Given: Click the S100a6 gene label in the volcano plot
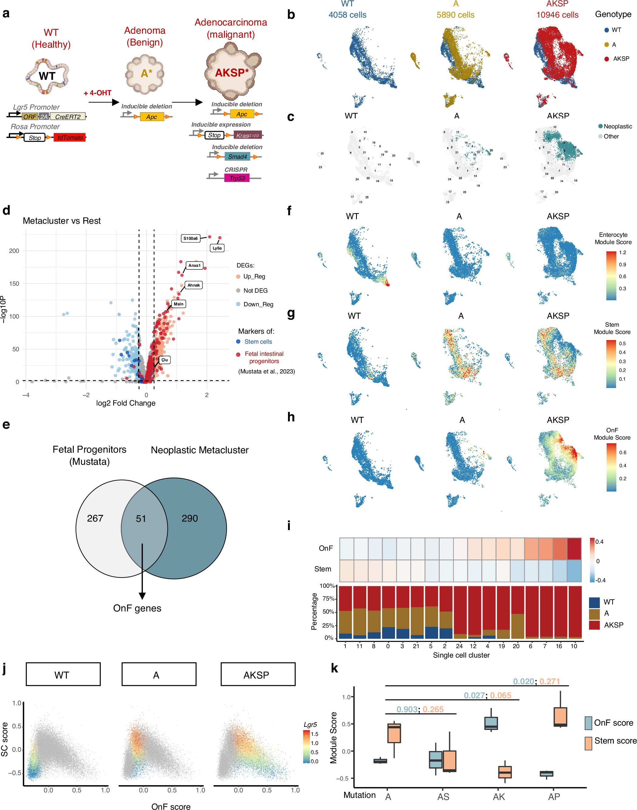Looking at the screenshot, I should tap(190, 238).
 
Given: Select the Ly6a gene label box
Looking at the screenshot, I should tap(217, 248).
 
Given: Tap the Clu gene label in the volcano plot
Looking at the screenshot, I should tap(164, 360).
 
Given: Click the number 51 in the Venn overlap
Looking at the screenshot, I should tap(141, 519).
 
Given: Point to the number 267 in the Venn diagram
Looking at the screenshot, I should tap(95, 518).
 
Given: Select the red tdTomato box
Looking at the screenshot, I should tap(70, 138).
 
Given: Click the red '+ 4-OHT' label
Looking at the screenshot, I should tap(98, 93).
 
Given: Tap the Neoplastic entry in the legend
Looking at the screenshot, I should tap(617, 127).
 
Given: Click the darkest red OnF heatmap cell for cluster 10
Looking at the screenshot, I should tap(574, 549).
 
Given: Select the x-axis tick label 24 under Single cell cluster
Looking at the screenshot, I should tap(459, 646).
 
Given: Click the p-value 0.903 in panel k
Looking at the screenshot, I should tap(407, 709).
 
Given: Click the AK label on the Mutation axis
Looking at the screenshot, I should tap(499, 797).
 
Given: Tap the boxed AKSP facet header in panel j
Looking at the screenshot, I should tap(258, 675).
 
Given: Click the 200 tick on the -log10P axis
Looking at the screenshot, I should tap(14, 251).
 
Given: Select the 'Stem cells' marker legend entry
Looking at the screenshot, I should tap(258, 342).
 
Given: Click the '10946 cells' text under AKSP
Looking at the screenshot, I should tap(557, 15).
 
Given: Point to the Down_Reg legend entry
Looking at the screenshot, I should tap(258, 305).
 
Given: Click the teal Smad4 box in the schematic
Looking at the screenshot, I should tap(237, 157).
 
